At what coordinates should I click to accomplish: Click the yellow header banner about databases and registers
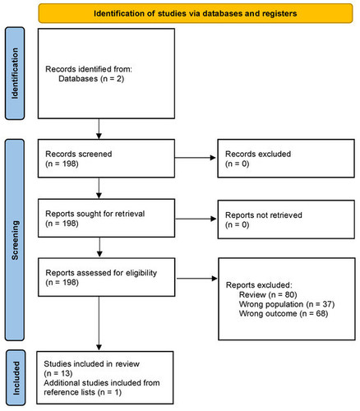click(x=196, y=13)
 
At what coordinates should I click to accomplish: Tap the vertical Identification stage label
click(x=15, y=73)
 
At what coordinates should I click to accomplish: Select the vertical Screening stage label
click(x=15, y=240)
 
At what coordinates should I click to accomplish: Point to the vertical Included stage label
click(x=16, y=377)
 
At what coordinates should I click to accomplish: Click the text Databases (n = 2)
click(x=91, y=79)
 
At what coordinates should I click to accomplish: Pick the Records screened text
click(x=79, y=154)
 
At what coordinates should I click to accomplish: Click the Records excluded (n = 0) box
click(x=286, y=159)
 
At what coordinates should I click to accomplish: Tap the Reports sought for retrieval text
click(x=95, y=214)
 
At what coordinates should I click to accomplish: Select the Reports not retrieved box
click(x=286, y=219)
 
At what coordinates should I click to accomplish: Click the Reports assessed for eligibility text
click(x=101, y=273)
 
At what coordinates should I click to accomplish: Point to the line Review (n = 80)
click(x=268, y=294)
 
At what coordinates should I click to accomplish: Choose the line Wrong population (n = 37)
click(x=287, y=304)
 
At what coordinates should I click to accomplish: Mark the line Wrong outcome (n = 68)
click(x=284, y=313)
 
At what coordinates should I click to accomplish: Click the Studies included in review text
click(x=91, y=364)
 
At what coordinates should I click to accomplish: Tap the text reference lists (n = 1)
click(x=82, y=392)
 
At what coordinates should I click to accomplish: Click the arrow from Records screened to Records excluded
click(x=196, y=158)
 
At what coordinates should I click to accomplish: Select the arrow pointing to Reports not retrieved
click(x=196, y=219)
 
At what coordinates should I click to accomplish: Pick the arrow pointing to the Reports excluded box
click(x=196, y=279)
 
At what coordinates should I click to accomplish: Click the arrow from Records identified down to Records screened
click(x=99, y=129)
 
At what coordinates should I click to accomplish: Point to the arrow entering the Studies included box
click(x=99, y=323)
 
